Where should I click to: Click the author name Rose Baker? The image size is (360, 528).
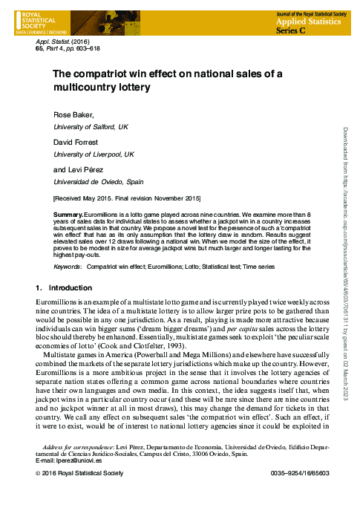click(x=73, y=116)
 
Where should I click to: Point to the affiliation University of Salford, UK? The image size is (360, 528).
click(x=91, y=127)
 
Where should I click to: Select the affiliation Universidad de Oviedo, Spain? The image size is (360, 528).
click(x=95, y=180)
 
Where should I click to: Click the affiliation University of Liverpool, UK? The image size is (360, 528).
click(x=93, y=154)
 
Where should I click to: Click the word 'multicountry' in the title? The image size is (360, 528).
click(x=84, y=87)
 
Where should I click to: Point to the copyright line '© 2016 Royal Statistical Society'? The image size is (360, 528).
click(x=82, y=473)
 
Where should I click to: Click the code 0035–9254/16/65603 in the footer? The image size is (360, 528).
click(x=300, y=473)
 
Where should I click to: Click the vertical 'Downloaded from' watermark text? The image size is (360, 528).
click(x=344, y=260)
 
